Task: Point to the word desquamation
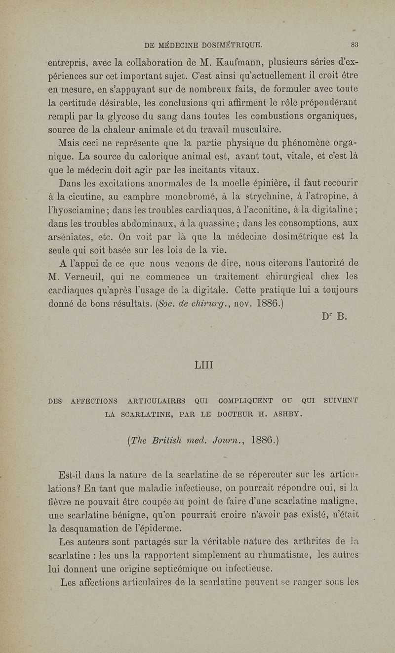98,528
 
